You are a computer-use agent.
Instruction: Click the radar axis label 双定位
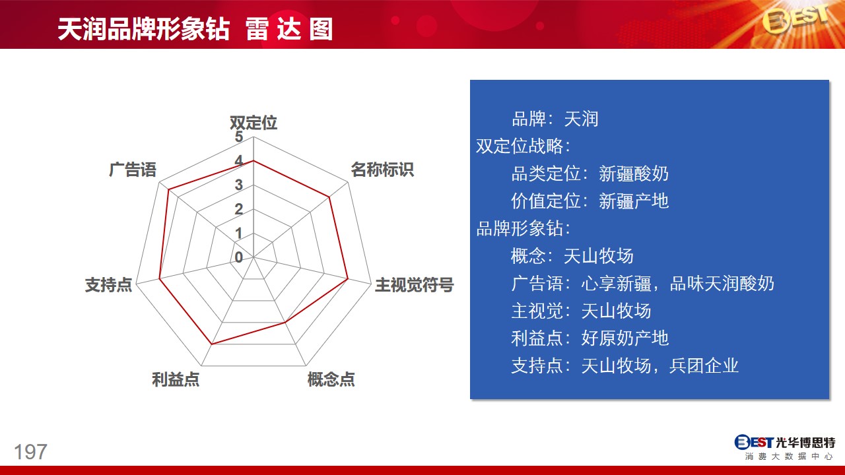(253, 123)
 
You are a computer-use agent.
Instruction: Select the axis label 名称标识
(382, 170)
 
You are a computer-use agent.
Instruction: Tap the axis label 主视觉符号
(414, 284)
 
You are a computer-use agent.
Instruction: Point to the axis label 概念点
(331, 379)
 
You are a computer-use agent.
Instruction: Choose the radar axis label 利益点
(176, 379)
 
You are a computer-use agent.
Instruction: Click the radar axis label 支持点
(109, 284)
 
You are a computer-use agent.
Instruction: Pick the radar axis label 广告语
(133, 170)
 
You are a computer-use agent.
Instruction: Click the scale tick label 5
(239, 137)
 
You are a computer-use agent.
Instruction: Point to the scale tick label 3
(239, 185)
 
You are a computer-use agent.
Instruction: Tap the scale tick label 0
(239, 257)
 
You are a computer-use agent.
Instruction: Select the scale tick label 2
(239, 209)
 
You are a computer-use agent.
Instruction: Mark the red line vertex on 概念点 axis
(285, 323)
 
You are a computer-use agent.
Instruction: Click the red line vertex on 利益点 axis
(212, 344)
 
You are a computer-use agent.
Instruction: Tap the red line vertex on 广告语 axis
(168, 190)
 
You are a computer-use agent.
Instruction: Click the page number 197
(30, 452)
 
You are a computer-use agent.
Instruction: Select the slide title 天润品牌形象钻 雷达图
(195, 29)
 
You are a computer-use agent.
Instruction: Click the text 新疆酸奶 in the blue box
(634, 174)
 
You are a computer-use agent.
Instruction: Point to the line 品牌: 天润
(555, 119)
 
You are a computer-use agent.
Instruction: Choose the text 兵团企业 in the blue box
(704, 365)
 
